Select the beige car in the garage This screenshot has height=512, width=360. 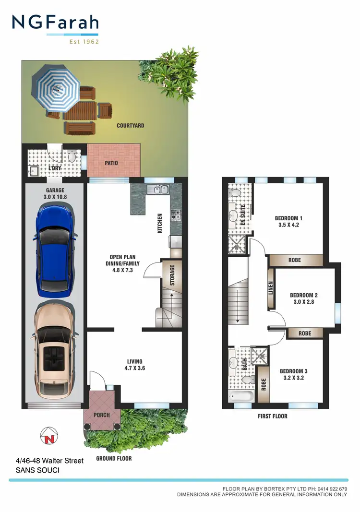click(54, 345)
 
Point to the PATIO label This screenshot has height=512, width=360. click(111, 163)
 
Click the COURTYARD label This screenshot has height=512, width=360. click(130, 126)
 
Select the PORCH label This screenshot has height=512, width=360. click(102, 415)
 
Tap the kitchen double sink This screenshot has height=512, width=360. click(157, 190)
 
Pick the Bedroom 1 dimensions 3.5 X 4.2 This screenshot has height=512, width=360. click(288, 225)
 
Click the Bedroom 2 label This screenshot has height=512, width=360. click(304, 296)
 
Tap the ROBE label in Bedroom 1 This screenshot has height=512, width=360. click(295, 260)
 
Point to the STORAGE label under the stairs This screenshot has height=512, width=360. click(172, 275)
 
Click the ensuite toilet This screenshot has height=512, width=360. click(235, 192)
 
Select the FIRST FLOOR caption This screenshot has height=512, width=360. click(272, 416)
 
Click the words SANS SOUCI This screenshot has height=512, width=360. click(37, 470)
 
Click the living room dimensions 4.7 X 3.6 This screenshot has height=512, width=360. click(134, 369)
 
